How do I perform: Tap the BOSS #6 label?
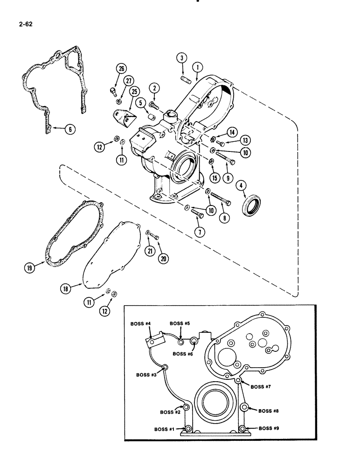pos(182,354)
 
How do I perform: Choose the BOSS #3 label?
pos(147,375)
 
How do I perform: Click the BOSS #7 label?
pos(263,386)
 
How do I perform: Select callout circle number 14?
pos(232,133)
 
